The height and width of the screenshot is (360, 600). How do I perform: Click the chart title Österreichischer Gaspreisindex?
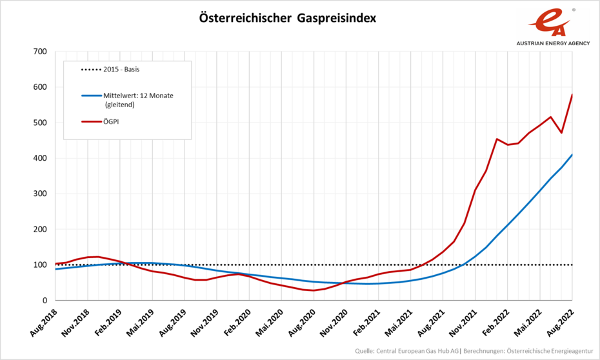click(287, 18)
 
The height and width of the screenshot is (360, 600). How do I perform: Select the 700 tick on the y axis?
click(40, 52)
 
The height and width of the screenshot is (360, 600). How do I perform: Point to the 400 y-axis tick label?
click(40, 158)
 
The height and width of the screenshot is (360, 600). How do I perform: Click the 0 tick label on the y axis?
click(45, 301)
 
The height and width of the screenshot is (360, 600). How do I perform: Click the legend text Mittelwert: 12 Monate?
click(138, 95)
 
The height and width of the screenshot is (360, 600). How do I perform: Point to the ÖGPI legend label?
click(112, 120)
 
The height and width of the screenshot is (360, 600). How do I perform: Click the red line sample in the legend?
click(91, 120)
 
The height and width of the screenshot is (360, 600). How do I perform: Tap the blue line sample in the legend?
click(91, 95)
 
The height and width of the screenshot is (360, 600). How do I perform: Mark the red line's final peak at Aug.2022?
click(572, 95)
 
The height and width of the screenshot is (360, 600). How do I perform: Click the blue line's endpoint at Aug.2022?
click(572, 155)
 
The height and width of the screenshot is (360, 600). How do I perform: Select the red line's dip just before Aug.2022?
click(561, 133)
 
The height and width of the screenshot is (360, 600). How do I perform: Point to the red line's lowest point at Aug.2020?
click(314, 290)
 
